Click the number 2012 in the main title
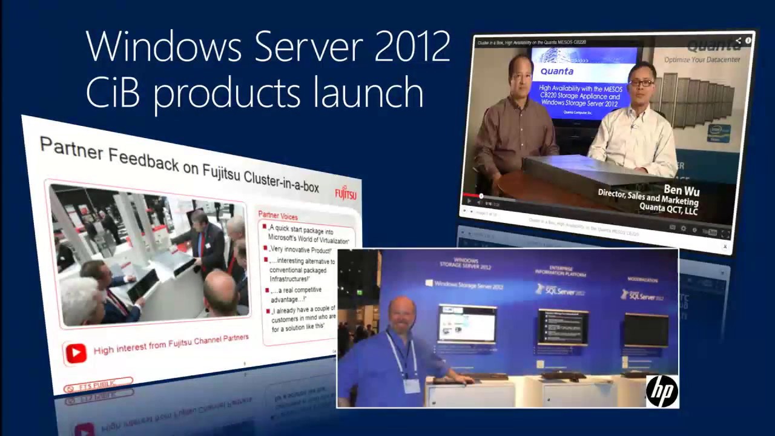point(412,47)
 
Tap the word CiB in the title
point(113,93)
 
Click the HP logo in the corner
point(662,391)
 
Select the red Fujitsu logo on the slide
point(346,193)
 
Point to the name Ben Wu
point(681,190)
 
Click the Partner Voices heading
point(278,215)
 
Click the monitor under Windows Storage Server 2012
point(467,323)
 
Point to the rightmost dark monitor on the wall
point(646,330)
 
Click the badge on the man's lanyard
point(412,386)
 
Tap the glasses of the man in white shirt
point(641,82)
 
